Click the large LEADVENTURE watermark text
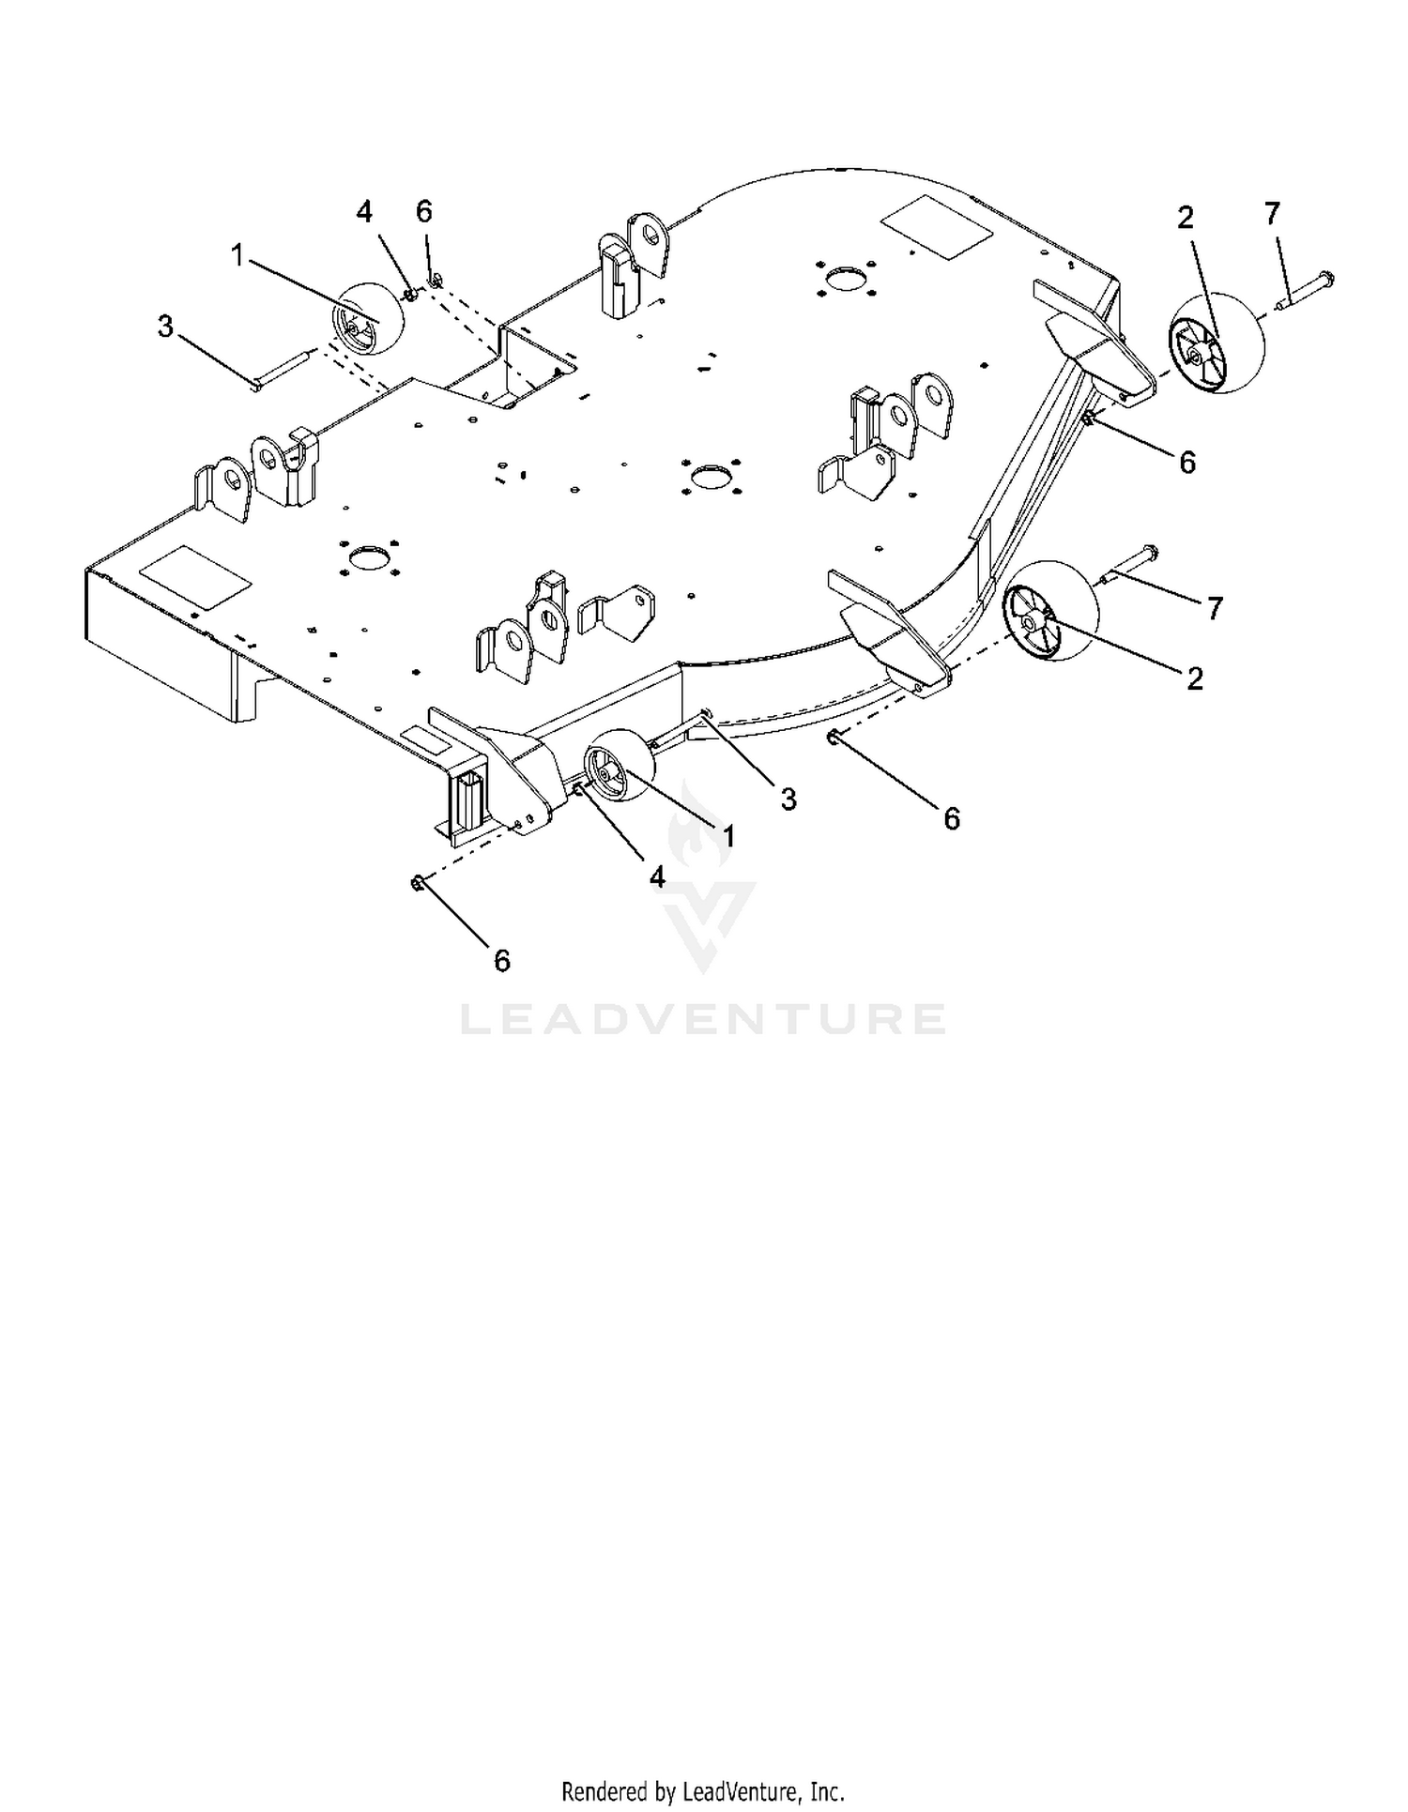(x=703, y=1019)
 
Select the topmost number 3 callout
(x=165, y=327)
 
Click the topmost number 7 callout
(x=1272, y=215)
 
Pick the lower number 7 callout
(x=1215, y=609)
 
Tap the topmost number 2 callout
(x=1186, y=219)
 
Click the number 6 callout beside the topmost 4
(x=424, y=212)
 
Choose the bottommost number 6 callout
(x=502, y=961)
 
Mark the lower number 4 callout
(x=657, y=877)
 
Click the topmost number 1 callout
(x=238, y=254)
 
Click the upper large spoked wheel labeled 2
(x=1217, y=343)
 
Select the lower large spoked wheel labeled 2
(x=1050, y=611)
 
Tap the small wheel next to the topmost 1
(x=368, y=318)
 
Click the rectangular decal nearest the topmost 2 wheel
(x=936, y=228)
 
